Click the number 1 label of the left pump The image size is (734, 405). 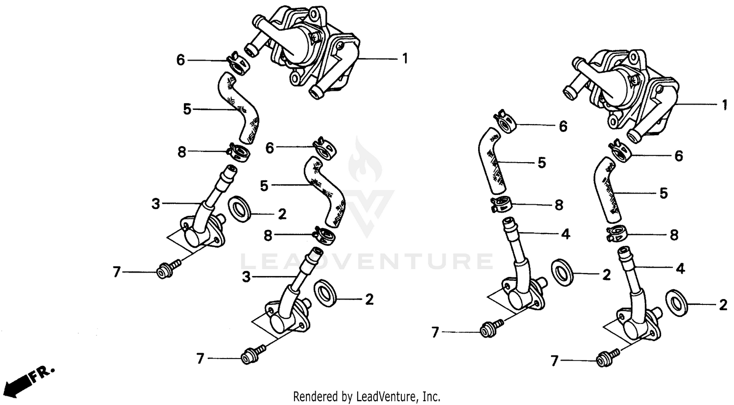(405, 59)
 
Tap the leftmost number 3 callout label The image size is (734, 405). (156, 204)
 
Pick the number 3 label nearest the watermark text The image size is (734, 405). (246, 277)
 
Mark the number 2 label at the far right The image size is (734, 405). (723, 305)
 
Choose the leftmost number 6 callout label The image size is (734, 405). (181, 61)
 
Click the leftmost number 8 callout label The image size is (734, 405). (182, 152)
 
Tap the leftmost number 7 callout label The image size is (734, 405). (116, 272)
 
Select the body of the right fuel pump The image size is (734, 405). (631, 93)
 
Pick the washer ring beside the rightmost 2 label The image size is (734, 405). (677, 300)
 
